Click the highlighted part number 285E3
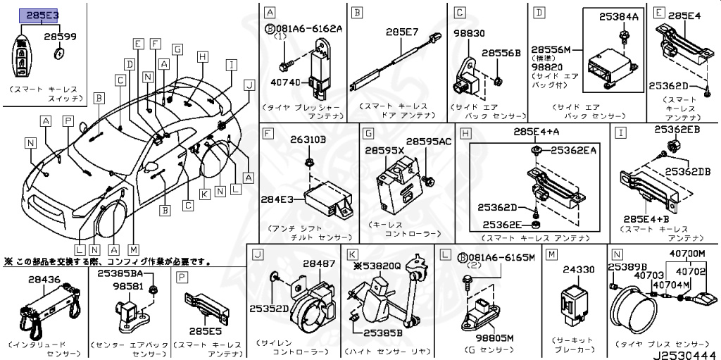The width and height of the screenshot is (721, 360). coord(43,14)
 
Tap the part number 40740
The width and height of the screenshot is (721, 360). coord(284,83)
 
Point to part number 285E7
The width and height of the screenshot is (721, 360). coord(402,32)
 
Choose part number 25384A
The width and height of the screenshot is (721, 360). coord(618,15)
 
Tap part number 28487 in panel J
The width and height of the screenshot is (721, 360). coord(320,263)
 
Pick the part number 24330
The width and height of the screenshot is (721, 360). coord(579,268)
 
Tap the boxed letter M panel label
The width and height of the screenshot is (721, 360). coord(552,254)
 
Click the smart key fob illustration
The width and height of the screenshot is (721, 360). coord(23,56)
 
